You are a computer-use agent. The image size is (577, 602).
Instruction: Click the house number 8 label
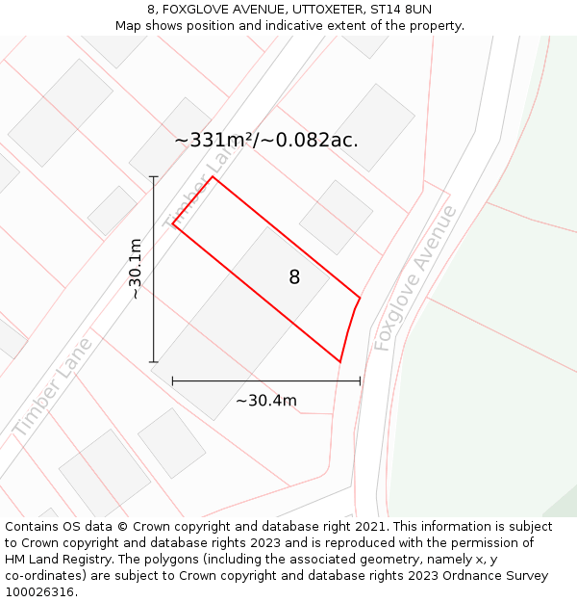pos(294,277)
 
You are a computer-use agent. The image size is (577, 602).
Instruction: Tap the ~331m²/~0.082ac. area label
pos(266,140)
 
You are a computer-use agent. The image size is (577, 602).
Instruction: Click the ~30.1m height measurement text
pos(136,269)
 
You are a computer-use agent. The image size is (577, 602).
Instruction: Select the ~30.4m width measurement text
pos(266,401)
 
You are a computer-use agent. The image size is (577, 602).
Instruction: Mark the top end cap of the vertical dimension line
pos(154,176)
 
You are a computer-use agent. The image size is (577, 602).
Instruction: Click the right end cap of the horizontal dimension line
pos(360,380)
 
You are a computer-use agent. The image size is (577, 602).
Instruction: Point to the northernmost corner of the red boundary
pos(213,176)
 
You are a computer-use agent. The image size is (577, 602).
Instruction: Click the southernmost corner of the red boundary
pos(340,362)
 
